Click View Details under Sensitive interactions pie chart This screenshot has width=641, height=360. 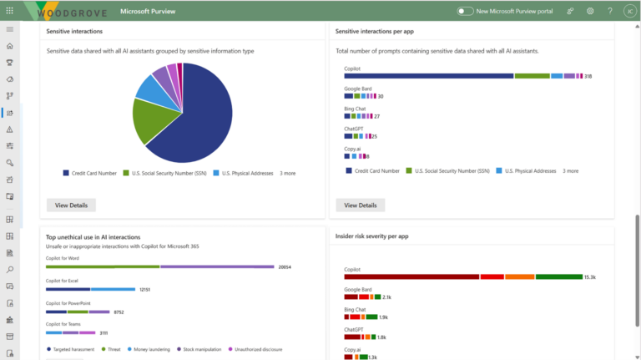(x=71, y=205)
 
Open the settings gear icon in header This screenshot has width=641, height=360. (x=590, y=11)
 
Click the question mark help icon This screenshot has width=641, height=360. (x=609, y=11)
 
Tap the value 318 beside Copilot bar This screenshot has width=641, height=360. (x=588, y=76)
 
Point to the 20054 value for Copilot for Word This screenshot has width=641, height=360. (x=285, y=267)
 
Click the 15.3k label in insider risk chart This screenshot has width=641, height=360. (x=589, y=276)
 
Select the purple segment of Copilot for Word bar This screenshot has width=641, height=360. (x=217, y=267)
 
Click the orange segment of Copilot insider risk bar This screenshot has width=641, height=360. (x=519, y=276)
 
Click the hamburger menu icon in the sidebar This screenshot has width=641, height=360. (x=9, y=29)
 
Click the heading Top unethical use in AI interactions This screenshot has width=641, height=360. (x=93, y=237)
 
